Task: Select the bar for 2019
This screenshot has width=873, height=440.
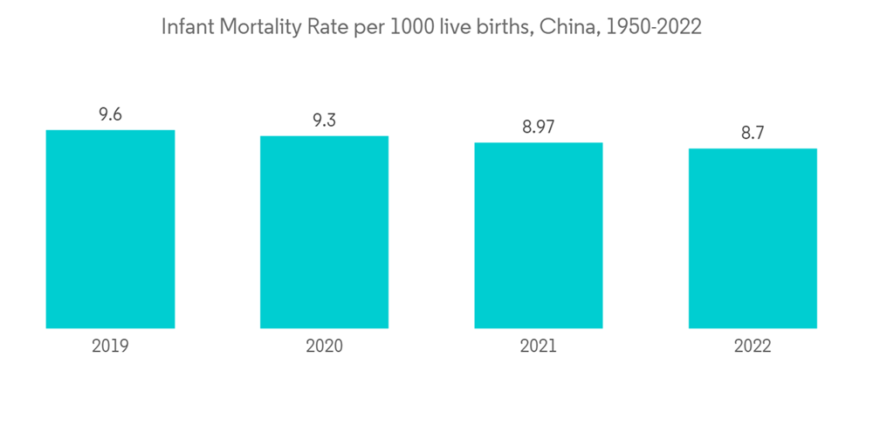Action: pyautogui.click(x=110, y=229)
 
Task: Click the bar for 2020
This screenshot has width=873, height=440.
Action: pyautogui.click(x=324, y=232)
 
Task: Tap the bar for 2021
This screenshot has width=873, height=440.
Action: pyautogui.click(x=539, y=235)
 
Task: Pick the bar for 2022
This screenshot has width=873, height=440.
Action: pyautogui.click(x=753, y=238)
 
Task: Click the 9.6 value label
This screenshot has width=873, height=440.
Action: pyautogui.click(x=110, y=114)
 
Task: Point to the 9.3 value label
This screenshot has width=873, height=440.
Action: pyautogui.click(x=324, y=120)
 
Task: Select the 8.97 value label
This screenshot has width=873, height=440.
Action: pyautogui.click(x=539, y=127)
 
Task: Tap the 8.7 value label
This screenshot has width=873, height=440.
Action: pyautogui.click(x=753, y=133)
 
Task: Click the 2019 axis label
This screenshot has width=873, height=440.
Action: pyautogui.click(x=110, y=346)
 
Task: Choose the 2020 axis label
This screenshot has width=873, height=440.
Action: pyautogui.click(x=324, y=346)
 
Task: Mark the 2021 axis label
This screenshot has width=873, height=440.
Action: pyautogui.click(x=539, y=346)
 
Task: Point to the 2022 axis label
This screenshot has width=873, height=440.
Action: pyautogui.click(x=753, y=346)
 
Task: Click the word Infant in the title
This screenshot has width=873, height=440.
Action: pyautogui.click(x=187, y=27)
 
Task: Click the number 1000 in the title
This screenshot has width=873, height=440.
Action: pyautogui.click(x=409, y=27)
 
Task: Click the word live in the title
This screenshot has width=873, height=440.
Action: pyautogui.click(x=455, y=27)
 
